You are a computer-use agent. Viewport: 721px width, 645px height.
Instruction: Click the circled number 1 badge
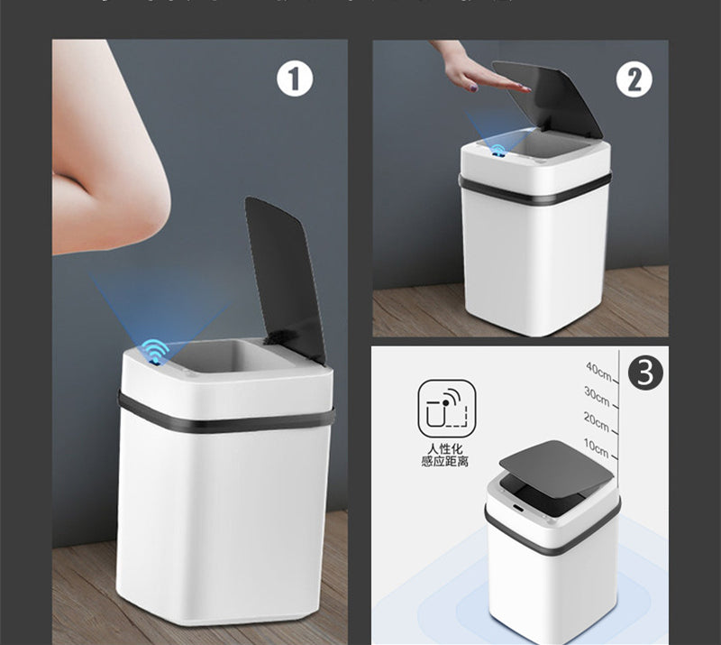pyautogui.click(x=294, y=79)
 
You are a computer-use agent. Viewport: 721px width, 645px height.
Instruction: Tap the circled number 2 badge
pyautogui.click(x=634, y=79)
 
